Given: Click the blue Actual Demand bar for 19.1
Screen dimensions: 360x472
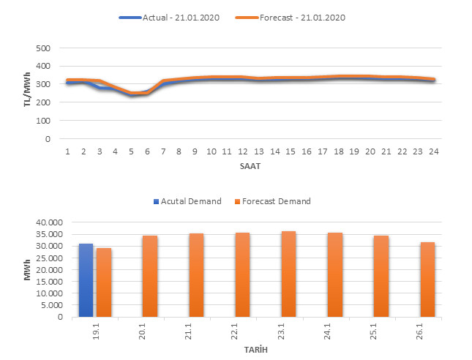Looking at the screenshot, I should click(86, 280).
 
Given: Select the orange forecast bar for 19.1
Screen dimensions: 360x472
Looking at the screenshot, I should click(104, 282).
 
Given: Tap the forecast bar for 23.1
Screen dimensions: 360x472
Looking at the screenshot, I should click(289, 274).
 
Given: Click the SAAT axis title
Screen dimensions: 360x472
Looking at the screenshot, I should click(250, 167).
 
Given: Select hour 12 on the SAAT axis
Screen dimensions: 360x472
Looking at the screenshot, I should click(243, 151).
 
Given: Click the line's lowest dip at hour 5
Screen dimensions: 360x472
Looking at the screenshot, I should click(132, 94).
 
